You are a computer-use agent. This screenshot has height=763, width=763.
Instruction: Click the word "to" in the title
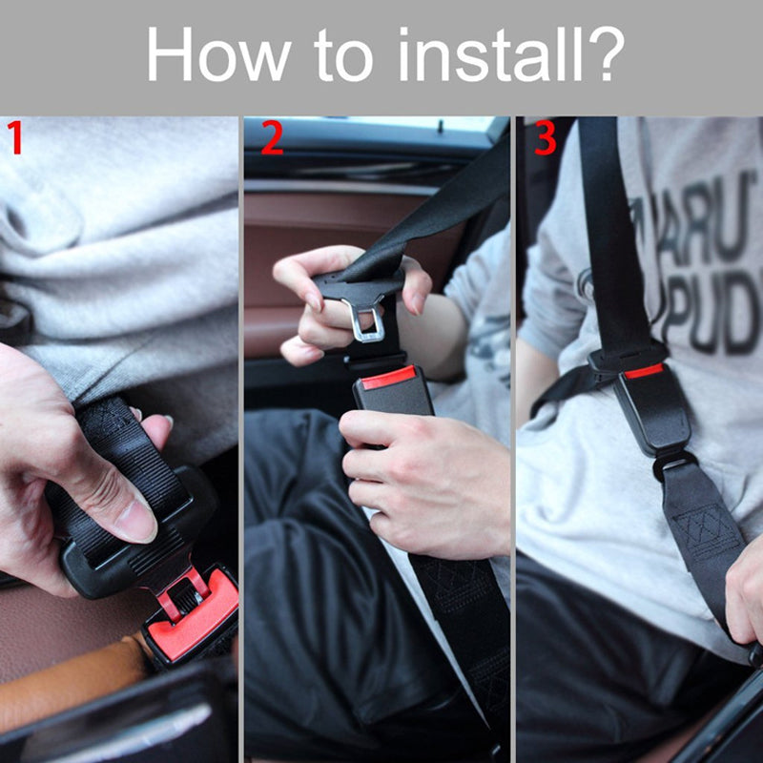pos(342,56)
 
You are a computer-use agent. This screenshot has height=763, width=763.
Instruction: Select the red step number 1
pos(14,139)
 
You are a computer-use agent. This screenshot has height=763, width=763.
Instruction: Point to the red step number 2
pos(272,139)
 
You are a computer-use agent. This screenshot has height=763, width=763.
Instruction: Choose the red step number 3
pos(545,139)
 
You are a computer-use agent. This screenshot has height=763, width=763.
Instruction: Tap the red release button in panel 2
pos(388,377)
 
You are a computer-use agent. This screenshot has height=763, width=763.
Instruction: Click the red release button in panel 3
pos(643,371)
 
